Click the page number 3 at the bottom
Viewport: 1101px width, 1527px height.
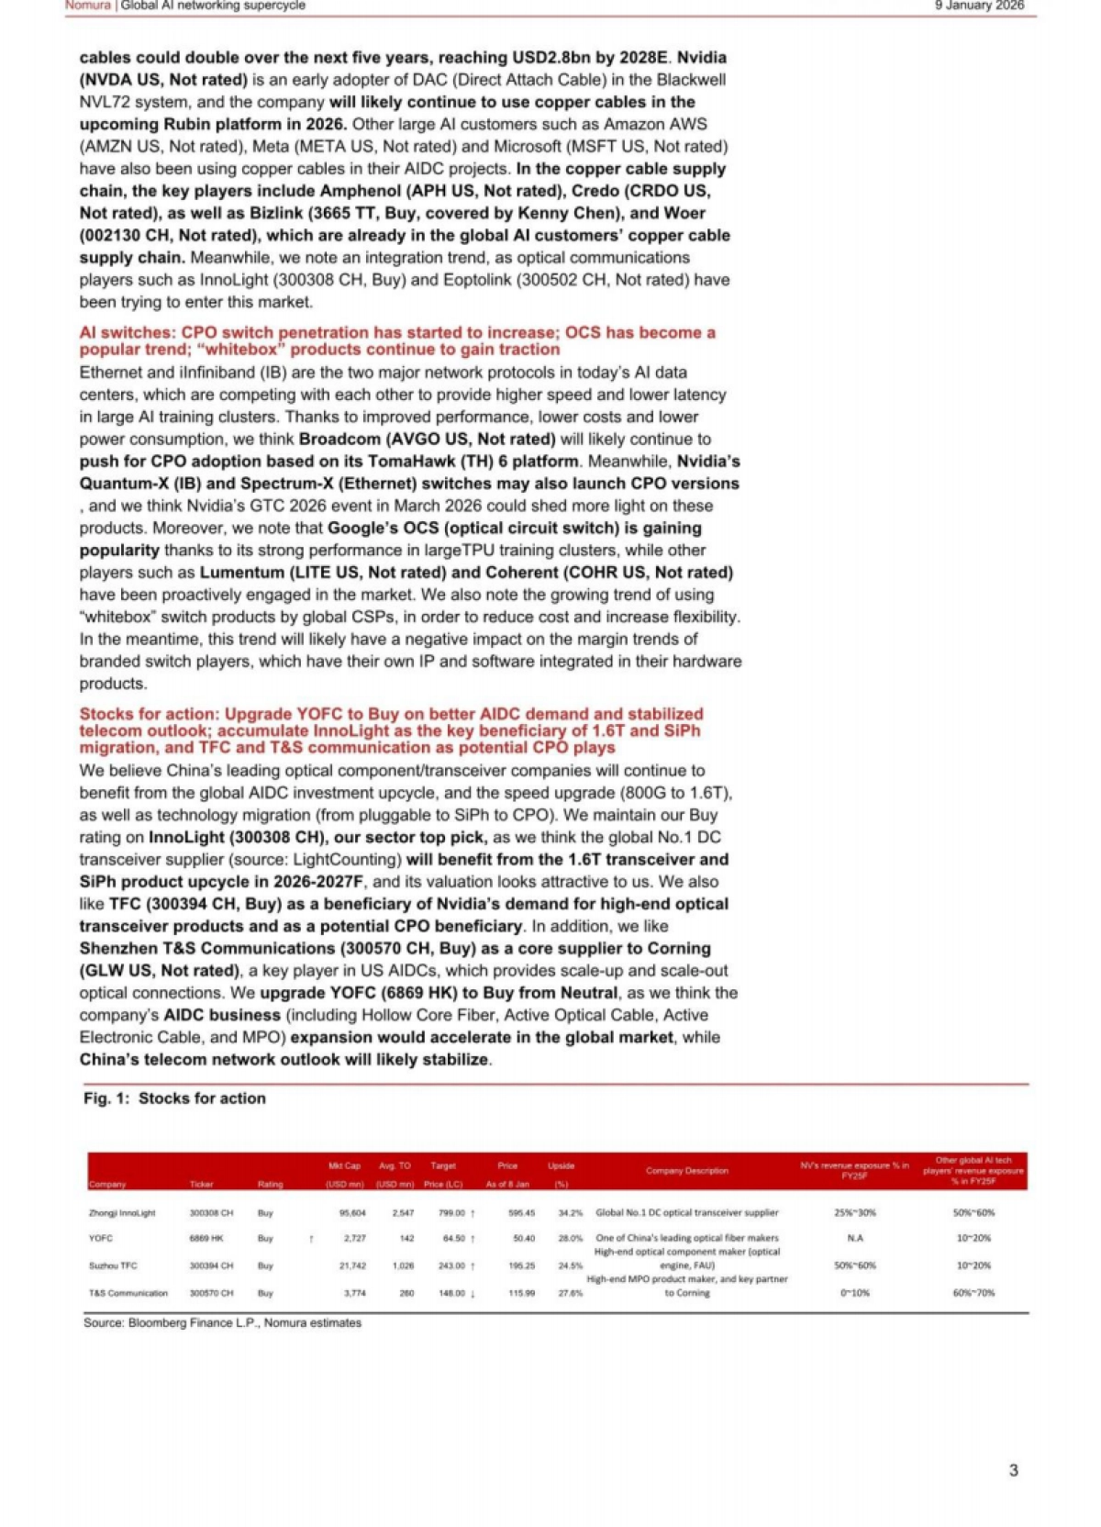(x=1013, y=1469)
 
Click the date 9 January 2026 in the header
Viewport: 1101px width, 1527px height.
(x=979, y=6)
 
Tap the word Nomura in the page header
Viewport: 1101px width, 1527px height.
(x=87, y=6)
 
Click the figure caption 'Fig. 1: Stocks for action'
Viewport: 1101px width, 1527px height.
(x=174, y=1098)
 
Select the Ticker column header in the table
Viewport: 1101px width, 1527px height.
(x=201, y=1184)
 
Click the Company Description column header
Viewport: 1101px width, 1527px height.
(x=686, y=1170)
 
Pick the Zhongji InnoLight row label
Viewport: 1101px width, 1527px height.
(x=122, y=1212)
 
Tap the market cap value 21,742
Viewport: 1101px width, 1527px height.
(x=352, y=1265)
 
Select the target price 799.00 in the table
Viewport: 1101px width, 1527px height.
(x=451, y=1212)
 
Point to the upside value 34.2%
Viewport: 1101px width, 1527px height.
(x=570, y=1212)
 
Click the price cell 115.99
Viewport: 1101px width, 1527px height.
(x=521, y=1293)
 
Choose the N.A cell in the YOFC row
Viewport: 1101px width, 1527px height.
(x=854, y=1238)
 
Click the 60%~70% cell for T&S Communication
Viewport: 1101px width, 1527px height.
(x=973, y=1293)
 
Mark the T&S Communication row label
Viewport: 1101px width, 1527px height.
(x=128, y=1293)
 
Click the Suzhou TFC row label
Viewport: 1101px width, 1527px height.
(x=113, y=1265)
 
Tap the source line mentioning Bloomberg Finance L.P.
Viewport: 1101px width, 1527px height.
(x=222, y=1322)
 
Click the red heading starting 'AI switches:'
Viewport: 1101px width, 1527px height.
(x=397, y=340)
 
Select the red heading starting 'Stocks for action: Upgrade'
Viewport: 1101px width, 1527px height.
(x=391, y=730)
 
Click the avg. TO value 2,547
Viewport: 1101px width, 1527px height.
(x=403, y=1212)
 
